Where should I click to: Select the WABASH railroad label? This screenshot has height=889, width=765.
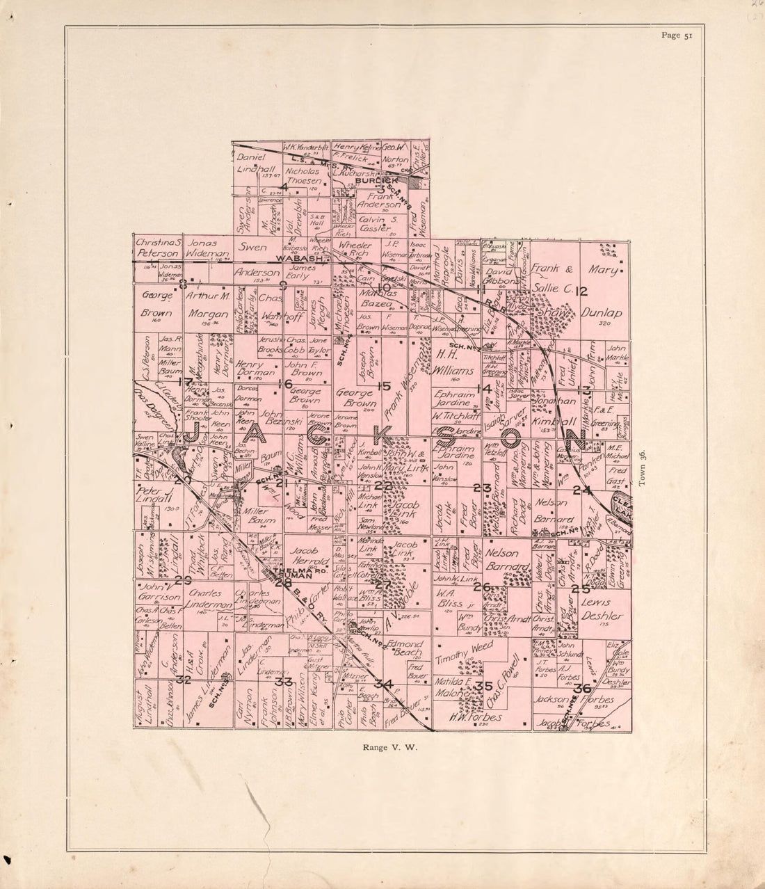pyautogui.click(x=299, y=258)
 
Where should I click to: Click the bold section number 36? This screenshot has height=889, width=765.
pyautogui.click(x=583, y=688)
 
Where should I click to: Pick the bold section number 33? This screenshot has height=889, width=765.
pyautogui.click(x=283, y=681)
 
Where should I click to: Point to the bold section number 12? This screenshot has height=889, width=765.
pyautogui.click(x=581, y=291)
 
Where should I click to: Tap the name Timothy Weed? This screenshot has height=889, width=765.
pyautogui.click(x=463, y=648)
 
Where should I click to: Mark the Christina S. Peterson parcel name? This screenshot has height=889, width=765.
pyautogui.click(x=159, y=248)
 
